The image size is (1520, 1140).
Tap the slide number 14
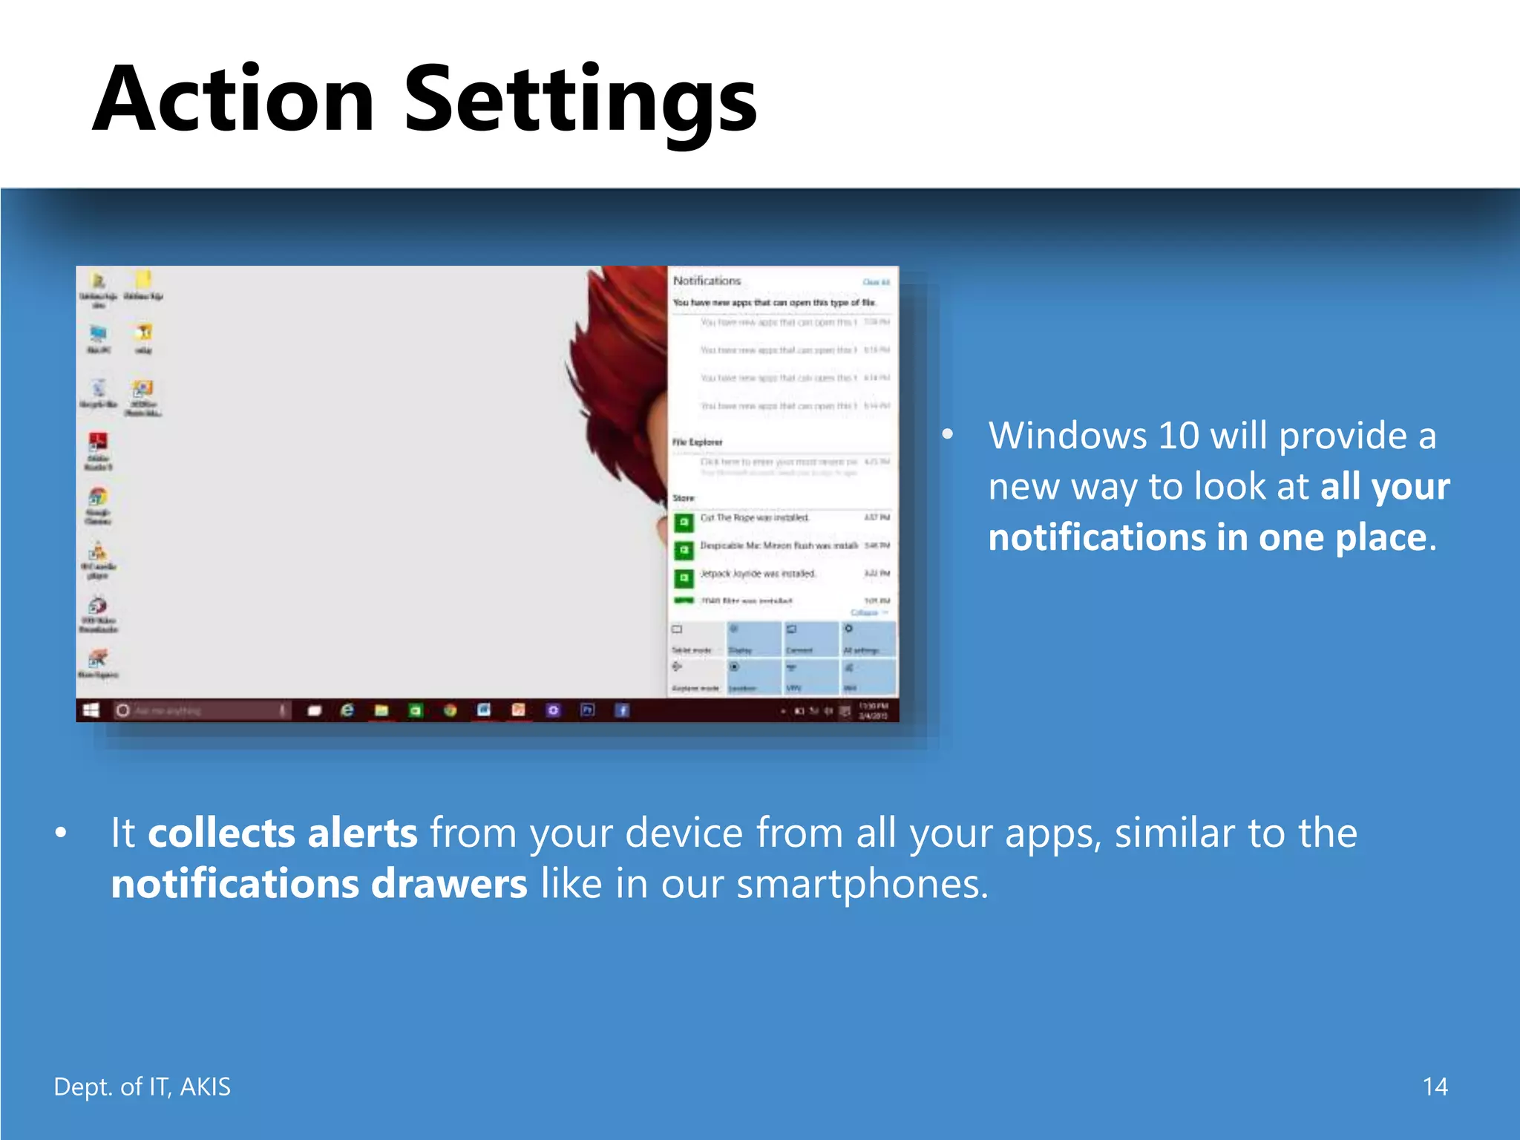1435,1087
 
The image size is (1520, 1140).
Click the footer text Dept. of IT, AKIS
142,1087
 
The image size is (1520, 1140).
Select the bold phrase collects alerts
282,833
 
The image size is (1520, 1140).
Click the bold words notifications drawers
319,884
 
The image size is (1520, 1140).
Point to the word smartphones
861,884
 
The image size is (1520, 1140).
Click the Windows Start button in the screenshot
91,710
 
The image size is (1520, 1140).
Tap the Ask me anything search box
200,710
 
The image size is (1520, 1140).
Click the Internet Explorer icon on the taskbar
347,710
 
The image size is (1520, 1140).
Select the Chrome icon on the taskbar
450,710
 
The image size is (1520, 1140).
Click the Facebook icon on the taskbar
622,710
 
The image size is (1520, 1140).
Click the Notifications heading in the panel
707,281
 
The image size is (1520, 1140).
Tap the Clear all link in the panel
876,282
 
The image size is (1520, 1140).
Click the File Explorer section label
697,442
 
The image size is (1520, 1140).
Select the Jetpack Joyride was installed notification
757,574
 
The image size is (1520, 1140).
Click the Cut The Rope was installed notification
754,517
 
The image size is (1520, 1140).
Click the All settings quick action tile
868,639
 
